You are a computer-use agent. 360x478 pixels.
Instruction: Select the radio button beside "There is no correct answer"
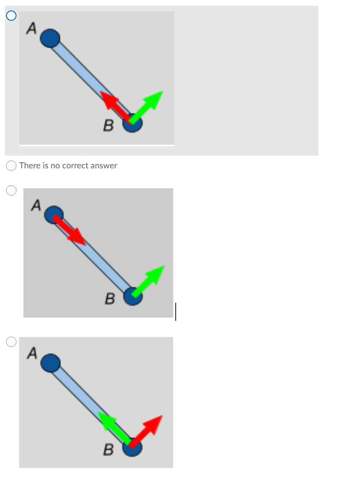coord(12,165)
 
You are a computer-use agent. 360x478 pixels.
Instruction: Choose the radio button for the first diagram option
coord(12,16)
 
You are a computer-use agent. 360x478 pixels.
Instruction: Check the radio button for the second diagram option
coord(12,190)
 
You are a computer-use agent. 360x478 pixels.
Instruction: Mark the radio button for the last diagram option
coord(12,342)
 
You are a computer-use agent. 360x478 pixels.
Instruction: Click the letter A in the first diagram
coord(31,28)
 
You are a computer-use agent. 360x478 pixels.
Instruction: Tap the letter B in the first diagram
coord(108,126)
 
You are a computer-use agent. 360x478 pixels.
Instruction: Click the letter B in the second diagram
coord(110,299)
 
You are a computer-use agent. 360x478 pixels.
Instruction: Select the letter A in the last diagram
coord(31,354)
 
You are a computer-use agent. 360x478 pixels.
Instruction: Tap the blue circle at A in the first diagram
coord(50,38)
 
